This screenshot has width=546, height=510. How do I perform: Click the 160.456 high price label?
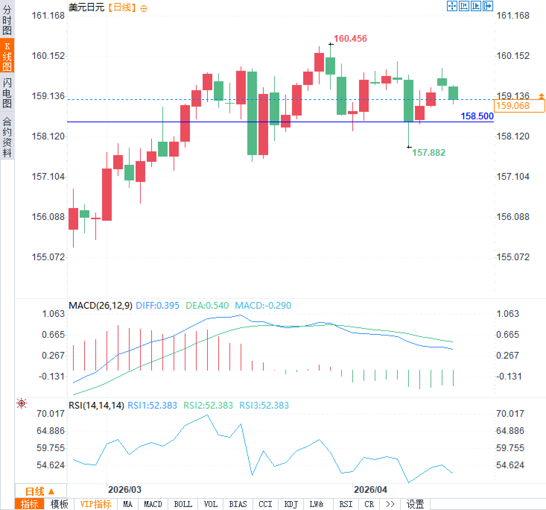coord(350,38)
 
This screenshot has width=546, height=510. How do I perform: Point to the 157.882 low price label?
coord(428,152)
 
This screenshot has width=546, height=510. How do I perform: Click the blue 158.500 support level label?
coord(477,116)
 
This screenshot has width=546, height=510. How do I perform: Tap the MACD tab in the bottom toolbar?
coord(153,504)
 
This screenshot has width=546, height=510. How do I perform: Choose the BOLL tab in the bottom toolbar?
coord(183,504)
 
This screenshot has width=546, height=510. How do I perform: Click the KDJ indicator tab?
coord(291,504)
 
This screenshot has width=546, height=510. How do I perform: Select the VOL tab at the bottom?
coord(210,504)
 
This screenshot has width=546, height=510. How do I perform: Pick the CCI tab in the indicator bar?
coord(265,504)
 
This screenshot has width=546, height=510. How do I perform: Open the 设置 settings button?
coord(415,504)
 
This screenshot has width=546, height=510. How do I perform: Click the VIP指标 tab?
coord(96,504)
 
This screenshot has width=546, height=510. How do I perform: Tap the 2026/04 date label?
coord(370,489)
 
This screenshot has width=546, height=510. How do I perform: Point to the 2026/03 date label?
coord(124,489)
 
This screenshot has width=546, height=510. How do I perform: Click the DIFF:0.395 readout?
coord(158,306)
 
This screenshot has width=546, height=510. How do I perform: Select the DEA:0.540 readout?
coord(207,306)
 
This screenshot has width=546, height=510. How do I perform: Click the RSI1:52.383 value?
coord(152,405)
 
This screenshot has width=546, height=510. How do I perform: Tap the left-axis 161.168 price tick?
coord(48,16)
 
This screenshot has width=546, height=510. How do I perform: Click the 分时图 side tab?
coord(7,20)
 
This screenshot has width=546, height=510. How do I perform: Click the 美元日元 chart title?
coord(86,7)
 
